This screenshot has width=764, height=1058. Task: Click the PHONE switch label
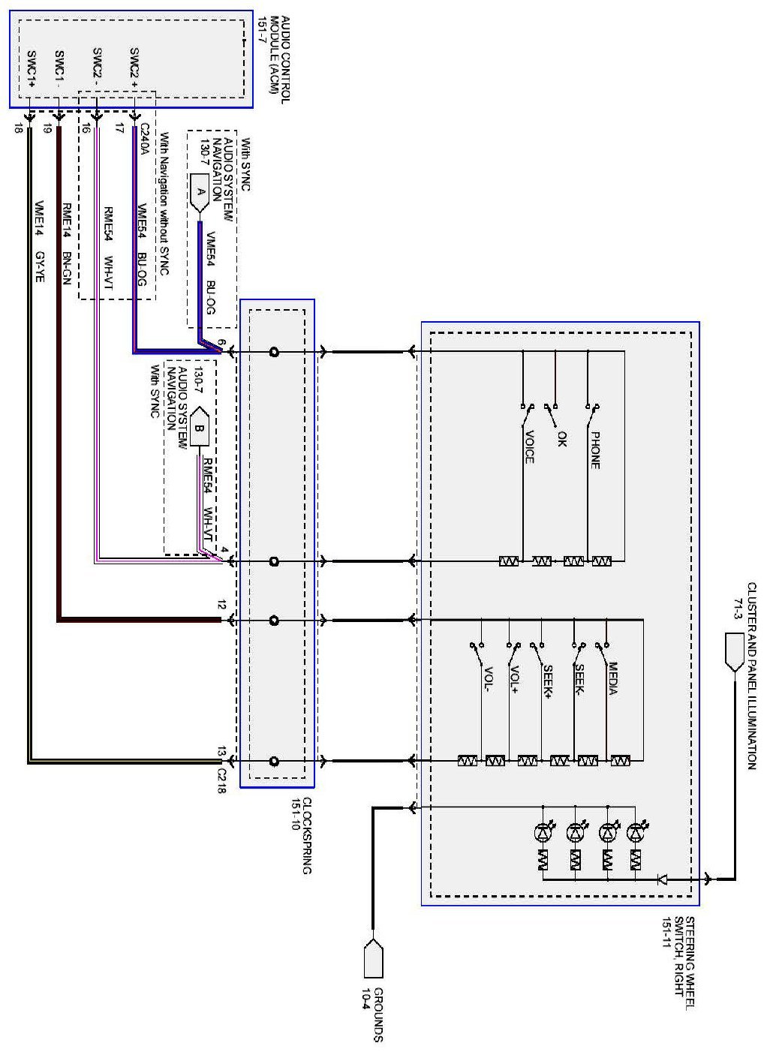595,450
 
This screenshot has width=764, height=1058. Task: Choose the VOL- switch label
489,679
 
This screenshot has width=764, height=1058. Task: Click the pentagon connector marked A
200,192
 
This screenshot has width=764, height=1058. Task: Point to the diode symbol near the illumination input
662,879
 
